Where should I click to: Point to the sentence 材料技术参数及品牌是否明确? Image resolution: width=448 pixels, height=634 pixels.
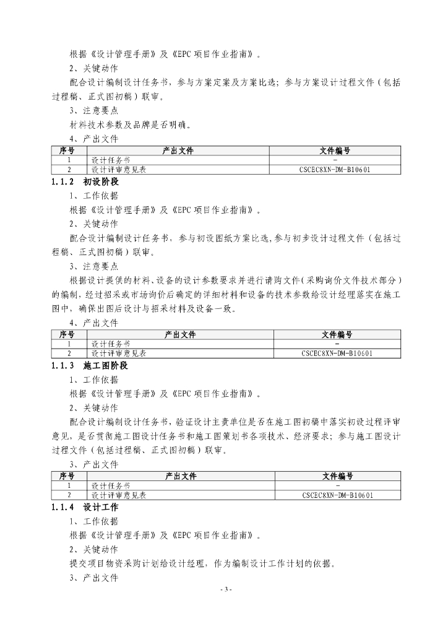point(131,124)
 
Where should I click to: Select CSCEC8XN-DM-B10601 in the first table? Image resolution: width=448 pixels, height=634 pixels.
point(335,168)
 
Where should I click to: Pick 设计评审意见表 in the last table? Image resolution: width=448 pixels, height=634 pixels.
point(119,495)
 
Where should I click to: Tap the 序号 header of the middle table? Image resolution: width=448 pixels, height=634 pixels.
point(67,335)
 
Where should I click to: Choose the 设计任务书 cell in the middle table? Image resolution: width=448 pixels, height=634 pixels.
point(111,344)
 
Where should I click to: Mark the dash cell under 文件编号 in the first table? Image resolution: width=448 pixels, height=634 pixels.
point(335,160)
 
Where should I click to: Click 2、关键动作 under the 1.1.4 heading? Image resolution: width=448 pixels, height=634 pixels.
point(93,549)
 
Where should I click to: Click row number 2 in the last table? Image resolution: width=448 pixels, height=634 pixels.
point(69,495)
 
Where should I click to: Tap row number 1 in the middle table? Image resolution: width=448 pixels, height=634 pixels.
point(69,344)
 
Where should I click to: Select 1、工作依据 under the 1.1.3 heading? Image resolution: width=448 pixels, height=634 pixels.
point(93,380)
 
